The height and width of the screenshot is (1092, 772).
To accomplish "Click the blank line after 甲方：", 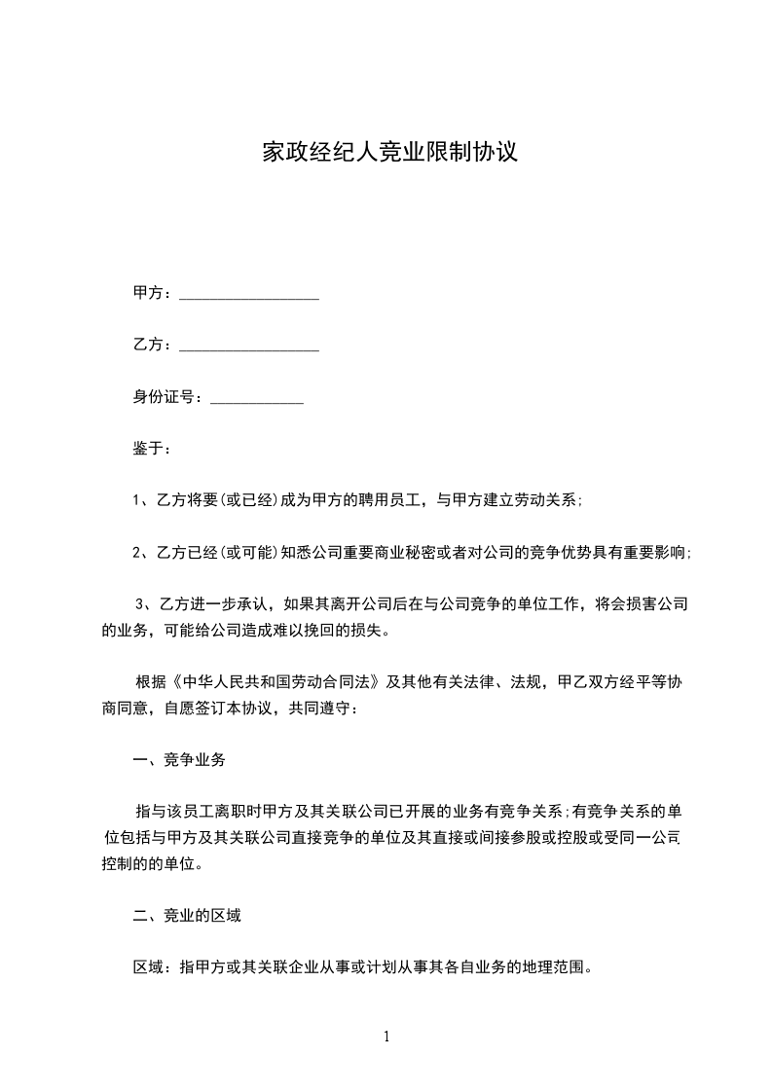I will pos(249,295).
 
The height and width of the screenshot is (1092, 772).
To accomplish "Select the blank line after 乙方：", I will pos(249,346).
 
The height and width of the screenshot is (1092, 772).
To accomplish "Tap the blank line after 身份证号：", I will pos(257,398).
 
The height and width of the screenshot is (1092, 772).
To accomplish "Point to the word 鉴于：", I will pos(153,450).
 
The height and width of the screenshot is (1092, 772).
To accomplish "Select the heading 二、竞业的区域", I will pos(187,916).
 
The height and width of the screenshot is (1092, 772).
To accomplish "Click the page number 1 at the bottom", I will pos(386,1037).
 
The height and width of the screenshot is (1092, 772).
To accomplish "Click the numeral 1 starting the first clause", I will pos(137,501).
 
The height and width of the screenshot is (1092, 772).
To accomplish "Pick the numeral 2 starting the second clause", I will pos(137,553).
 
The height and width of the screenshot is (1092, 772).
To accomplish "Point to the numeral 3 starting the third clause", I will pos(140,604).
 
